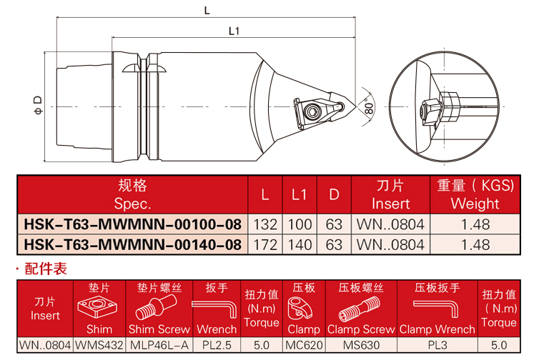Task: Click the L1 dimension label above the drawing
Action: coord(233,30)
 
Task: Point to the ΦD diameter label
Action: coord(37,104)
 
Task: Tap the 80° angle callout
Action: coord(369,107)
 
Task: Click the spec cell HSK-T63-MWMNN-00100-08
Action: coord(133,224)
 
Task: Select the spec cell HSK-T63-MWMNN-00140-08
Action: coord(133,244)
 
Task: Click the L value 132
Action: coord(265,224)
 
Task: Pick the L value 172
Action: coord(265,244)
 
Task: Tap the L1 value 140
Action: coord(300,244)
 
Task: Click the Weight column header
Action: coord(475,194)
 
